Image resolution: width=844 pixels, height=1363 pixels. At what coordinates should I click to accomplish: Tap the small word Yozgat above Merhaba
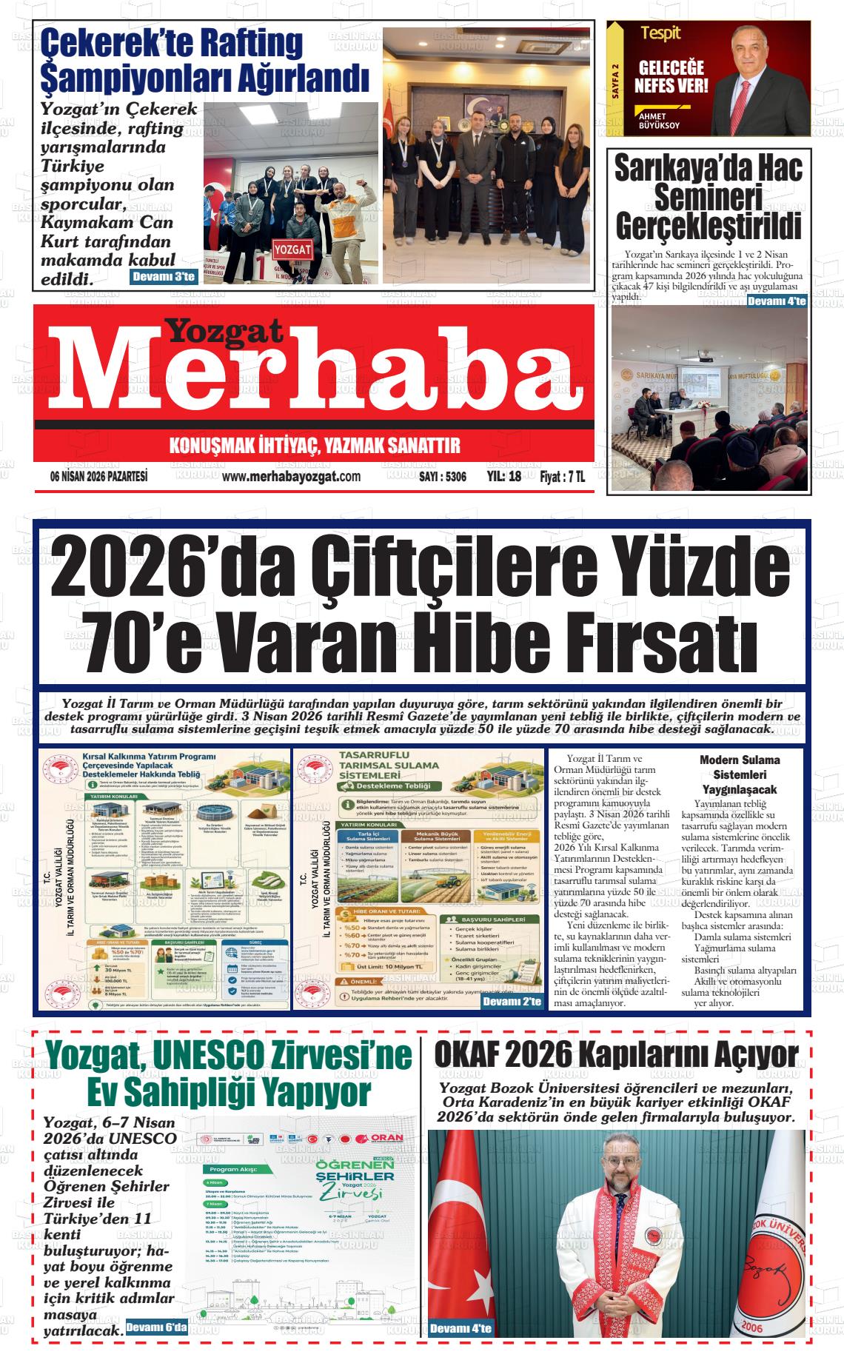tap(223, 331)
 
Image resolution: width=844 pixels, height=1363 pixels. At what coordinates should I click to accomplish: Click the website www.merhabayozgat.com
tap(291, 476)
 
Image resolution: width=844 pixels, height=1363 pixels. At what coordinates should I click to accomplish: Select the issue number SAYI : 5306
tap(442, 477)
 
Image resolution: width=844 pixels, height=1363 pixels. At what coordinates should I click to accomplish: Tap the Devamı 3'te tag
tap(163, 278)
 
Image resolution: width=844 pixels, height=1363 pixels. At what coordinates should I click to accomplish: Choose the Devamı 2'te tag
tap(512, 1002)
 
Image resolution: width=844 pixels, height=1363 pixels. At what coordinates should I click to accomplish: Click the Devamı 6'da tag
tap(156, 1327)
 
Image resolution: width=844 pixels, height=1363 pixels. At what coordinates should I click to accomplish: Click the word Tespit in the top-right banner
tap(660, 33)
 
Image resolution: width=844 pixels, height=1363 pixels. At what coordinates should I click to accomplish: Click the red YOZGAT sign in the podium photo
tap(292, 249)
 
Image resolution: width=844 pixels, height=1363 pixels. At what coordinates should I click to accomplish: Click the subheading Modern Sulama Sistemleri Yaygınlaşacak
tap(740, 774)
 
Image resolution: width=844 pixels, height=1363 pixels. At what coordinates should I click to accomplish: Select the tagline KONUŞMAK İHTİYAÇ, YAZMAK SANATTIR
tap(315, 446)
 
